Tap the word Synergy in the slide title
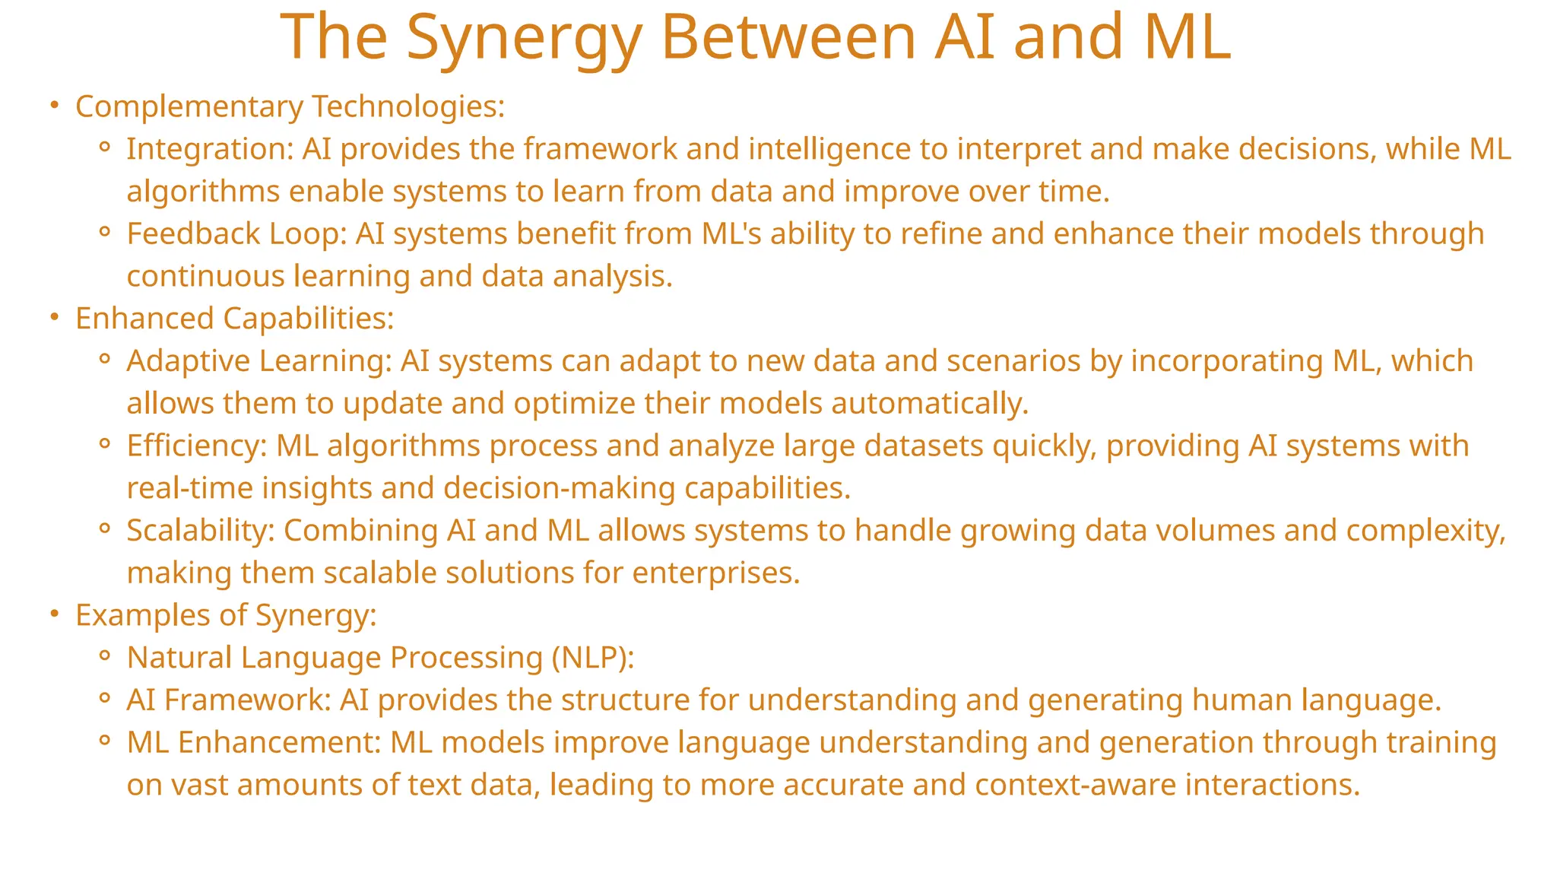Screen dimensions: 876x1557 point(524,38)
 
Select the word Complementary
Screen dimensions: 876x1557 point(189,106)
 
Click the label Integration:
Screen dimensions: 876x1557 point(210,149)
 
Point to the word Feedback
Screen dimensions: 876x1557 point(193,233)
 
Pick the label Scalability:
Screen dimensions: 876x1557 point(200,530)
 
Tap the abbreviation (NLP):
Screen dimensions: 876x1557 point(593,658)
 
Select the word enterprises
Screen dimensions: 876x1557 point(715,573)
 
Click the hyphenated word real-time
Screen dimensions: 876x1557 point(189,488)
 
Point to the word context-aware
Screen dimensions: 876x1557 point(1076,785)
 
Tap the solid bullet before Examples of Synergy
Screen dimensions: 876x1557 point(54,614)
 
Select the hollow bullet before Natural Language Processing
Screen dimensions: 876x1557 point(106,655)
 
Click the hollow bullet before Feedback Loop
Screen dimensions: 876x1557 point(106,232)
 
